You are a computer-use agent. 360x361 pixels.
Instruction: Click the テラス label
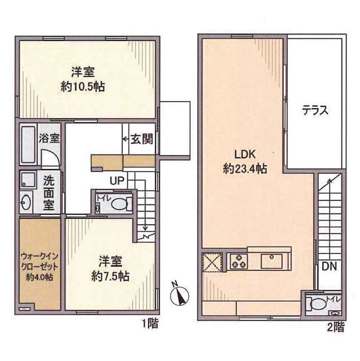(316, 110)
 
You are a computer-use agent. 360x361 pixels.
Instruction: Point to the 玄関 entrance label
(142, 139)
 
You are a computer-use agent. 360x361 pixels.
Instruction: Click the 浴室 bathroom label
(49, 138)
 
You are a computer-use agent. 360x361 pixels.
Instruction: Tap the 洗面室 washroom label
(49, 193)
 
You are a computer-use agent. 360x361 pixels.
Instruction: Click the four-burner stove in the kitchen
(238, 260)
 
